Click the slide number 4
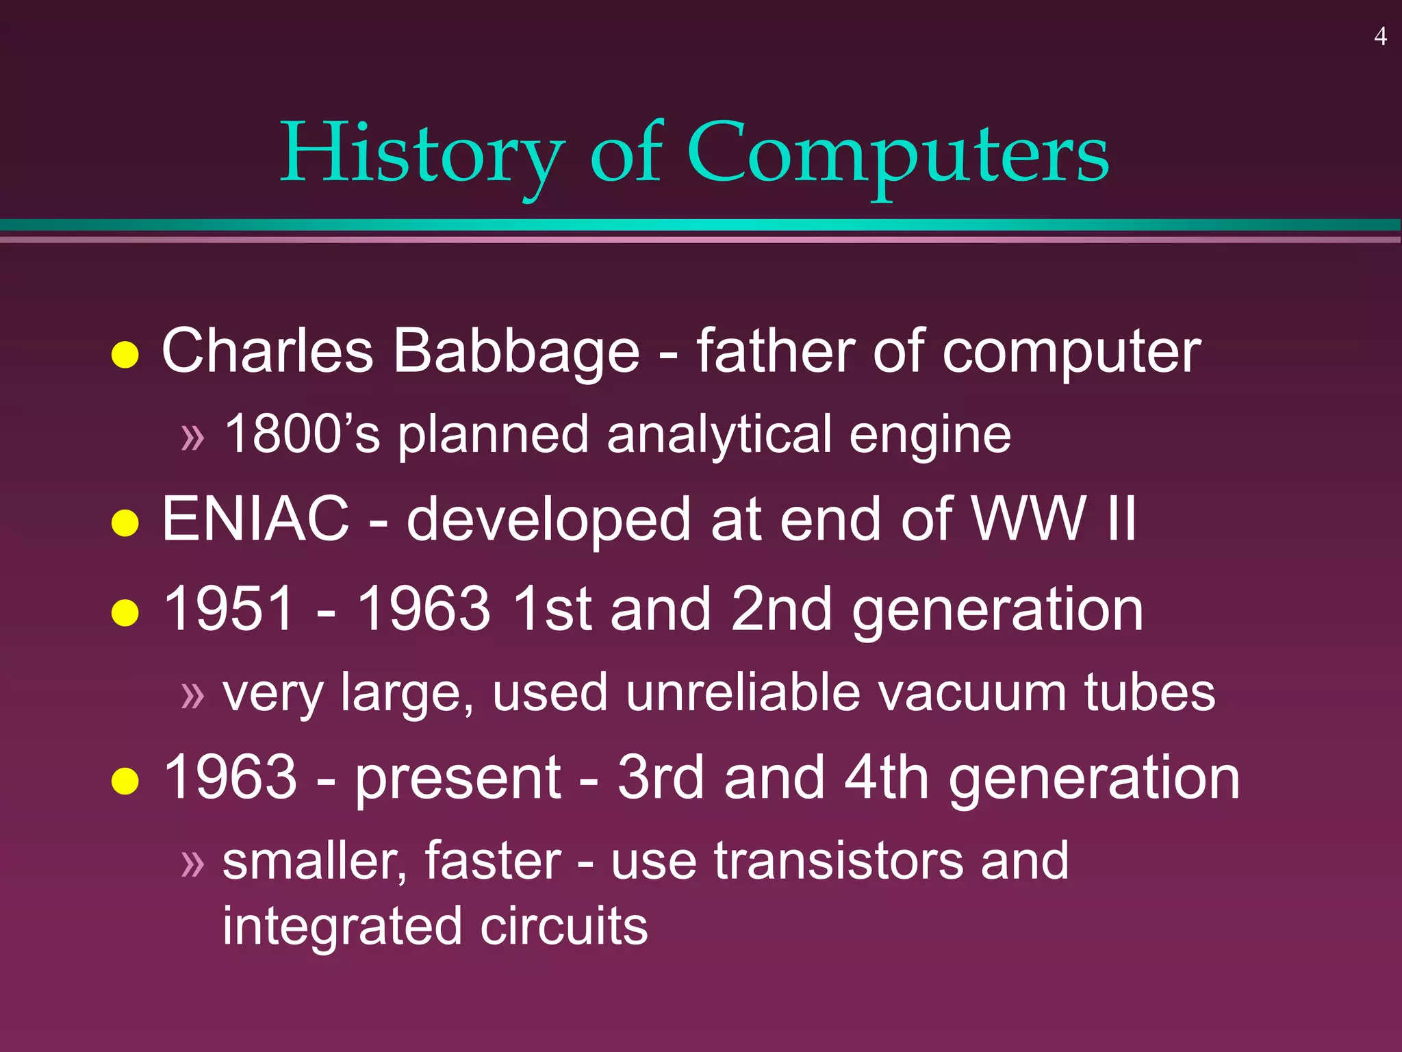click(1380, 36)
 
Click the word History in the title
click(422, 153)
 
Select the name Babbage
click(517, 351)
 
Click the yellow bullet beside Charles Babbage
click(125, 354)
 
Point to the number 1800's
click(302, 434)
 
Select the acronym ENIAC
click(255, 519)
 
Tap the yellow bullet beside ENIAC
click(125, 523)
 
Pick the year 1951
click(229, 609)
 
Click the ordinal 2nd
click(780, 609)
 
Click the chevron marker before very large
click(193, 696)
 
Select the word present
click(458, 778)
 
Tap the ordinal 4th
click(886, 777)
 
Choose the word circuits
click(563, 926)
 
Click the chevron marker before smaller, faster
click(193, 864)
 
